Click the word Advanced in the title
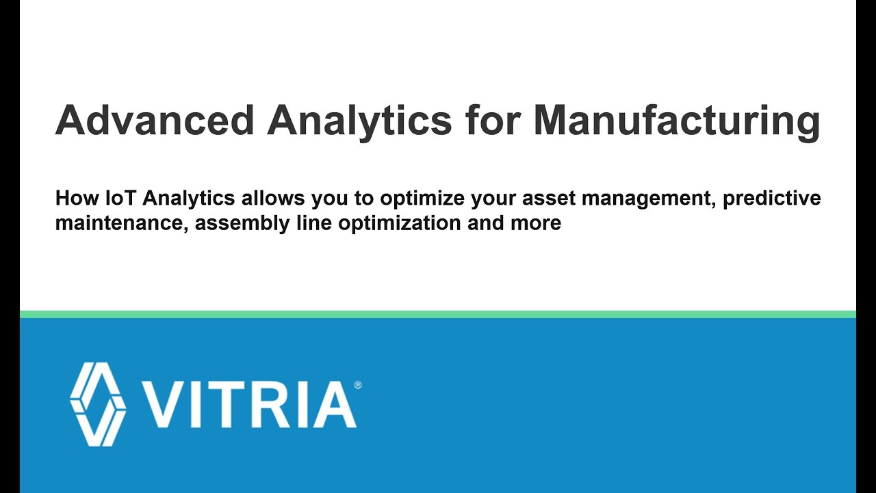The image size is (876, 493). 155,121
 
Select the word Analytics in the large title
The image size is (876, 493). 359,121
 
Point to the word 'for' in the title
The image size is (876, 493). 491,121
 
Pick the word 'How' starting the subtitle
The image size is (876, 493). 75,199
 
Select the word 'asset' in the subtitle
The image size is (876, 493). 546,199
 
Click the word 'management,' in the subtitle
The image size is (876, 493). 647,199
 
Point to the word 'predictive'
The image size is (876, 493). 772,199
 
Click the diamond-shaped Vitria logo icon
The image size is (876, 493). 98,403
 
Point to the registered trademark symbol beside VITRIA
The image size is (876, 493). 358,385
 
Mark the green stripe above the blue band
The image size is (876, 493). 438,314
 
